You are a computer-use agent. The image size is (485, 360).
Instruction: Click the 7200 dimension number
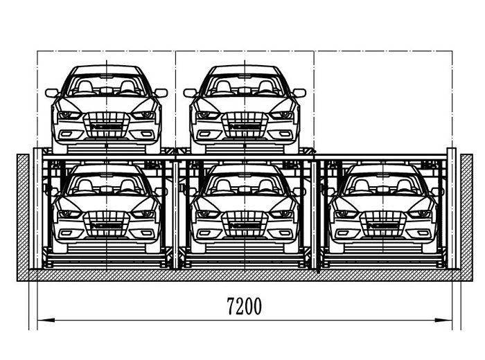244,306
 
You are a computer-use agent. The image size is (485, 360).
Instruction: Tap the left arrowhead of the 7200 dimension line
46,320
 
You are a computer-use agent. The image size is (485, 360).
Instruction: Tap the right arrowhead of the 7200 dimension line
443,320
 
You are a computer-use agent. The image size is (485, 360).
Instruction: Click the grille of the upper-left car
107,125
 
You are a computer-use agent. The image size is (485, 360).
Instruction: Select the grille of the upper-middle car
245,125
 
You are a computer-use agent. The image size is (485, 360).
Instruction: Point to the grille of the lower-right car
383,224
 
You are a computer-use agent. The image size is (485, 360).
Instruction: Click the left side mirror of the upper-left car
52,93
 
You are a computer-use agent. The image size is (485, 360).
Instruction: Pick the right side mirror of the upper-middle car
299,93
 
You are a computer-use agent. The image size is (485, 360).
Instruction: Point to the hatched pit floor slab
245,275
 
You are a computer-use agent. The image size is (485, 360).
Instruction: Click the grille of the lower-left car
107,224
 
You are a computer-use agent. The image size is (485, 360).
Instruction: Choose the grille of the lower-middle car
245,224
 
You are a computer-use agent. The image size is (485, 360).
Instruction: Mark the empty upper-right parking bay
383,102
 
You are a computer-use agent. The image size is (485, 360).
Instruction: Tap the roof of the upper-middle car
245,70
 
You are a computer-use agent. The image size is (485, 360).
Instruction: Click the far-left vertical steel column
37,208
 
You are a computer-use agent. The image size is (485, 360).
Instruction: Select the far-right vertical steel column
452,208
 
